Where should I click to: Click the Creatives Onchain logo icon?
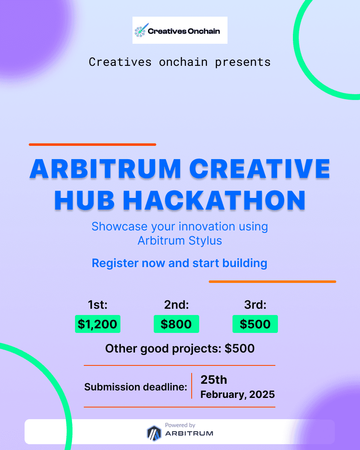pyautogui.click(x=140, y=31)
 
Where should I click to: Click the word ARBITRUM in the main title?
pyautogui.click(x=105, y=170)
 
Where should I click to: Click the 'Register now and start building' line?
pyautogui.click(x=180, y=263)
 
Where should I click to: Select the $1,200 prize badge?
pyautogui.click(x=97, y=324)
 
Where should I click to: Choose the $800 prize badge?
pyautogui.click(x=176, y=324)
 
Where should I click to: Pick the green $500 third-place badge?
pyautogui.click(x=255, y=324)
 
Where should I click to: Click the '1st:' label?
pyautogui.click(x=97, y=305)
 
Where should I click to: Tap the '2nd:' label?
pyautogui.click(x=176, y=305)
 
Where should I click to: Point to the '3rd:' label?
pyautogui.click(x=255, y=305)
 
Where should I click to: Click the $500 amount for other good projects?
pyautogui.click(x=240, y=348)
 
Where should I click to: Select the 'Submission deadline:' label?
pyautogui.click(x=135, y=387)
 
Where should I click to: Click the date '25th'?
pyautogui.click(x=214, y=380)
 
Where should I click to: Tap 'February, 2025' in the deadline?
pyautogui.click(x=237, y=395)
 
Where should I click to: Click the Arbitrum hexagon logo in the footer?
pyautogui.click(x=154, y=432)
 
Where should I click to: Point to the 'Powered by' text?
pyautogui.click(x=180, y=425)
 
